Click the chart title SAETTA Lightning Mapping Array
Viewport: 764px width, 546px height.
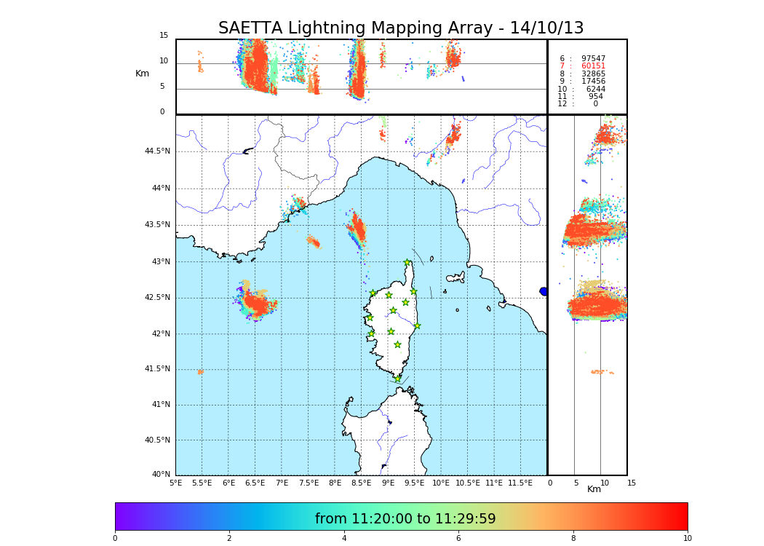[x=401, y=28]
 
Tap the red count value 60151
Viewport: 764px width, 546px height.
[x=593, y=66]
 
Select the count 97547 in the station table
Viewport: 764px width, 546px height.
[x=593, y=59]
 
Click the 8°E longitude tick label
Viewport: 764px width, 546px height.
[x=335, y=483]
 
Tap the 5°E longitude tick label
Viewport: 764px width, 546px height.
[x=175, y=483]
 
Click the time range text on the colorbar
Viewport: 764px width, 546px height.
[x=405, y=519]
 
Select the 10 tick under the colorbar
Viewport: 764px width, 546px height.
[x=687, y=539]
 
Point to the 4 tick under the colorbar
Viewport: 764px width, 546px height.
[x=344, y=539]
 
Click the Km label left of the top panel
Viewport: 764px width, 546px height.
[x=142, y=74]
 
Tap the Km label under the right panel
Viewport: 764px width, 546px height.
[x=594, y=489]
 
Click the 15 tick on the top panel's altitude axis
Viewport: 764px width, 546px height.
[x=164, y=36]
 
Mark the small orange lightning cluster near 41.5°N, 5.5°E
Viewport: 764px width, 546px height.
[x=200, y=372]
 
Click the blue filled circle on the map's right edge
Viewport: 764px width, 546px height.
[x=544, y=291]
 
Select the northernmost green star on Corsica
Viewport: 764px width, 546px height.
[x=407, y=263]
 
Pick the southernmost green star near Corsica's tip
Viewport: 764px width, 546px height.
[x=397, y=379]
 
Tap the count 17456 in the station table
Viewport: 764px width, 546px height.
[x=593, y=82]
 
